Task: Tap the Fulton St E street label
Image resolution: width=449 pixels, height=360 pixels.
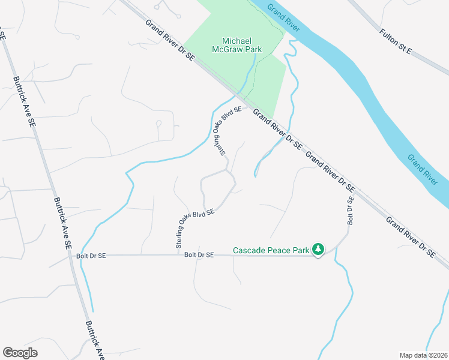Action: point(396,41)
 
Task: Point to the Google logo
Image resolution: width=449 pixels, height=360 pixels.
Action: point(20,353)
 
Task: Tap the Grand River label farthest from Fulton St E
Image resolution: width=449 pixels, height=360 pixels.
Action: point(423,169)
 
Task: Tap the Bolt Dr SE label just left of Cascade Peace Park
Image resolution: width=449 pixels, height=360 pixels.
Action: point(199,255)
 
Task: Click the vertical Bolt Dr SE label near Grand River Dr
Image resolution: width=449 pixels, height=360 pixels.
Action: point(349,203)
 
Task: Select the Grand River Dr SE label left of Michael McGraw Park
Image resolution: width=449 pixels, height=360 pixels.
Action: point(170,40)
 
